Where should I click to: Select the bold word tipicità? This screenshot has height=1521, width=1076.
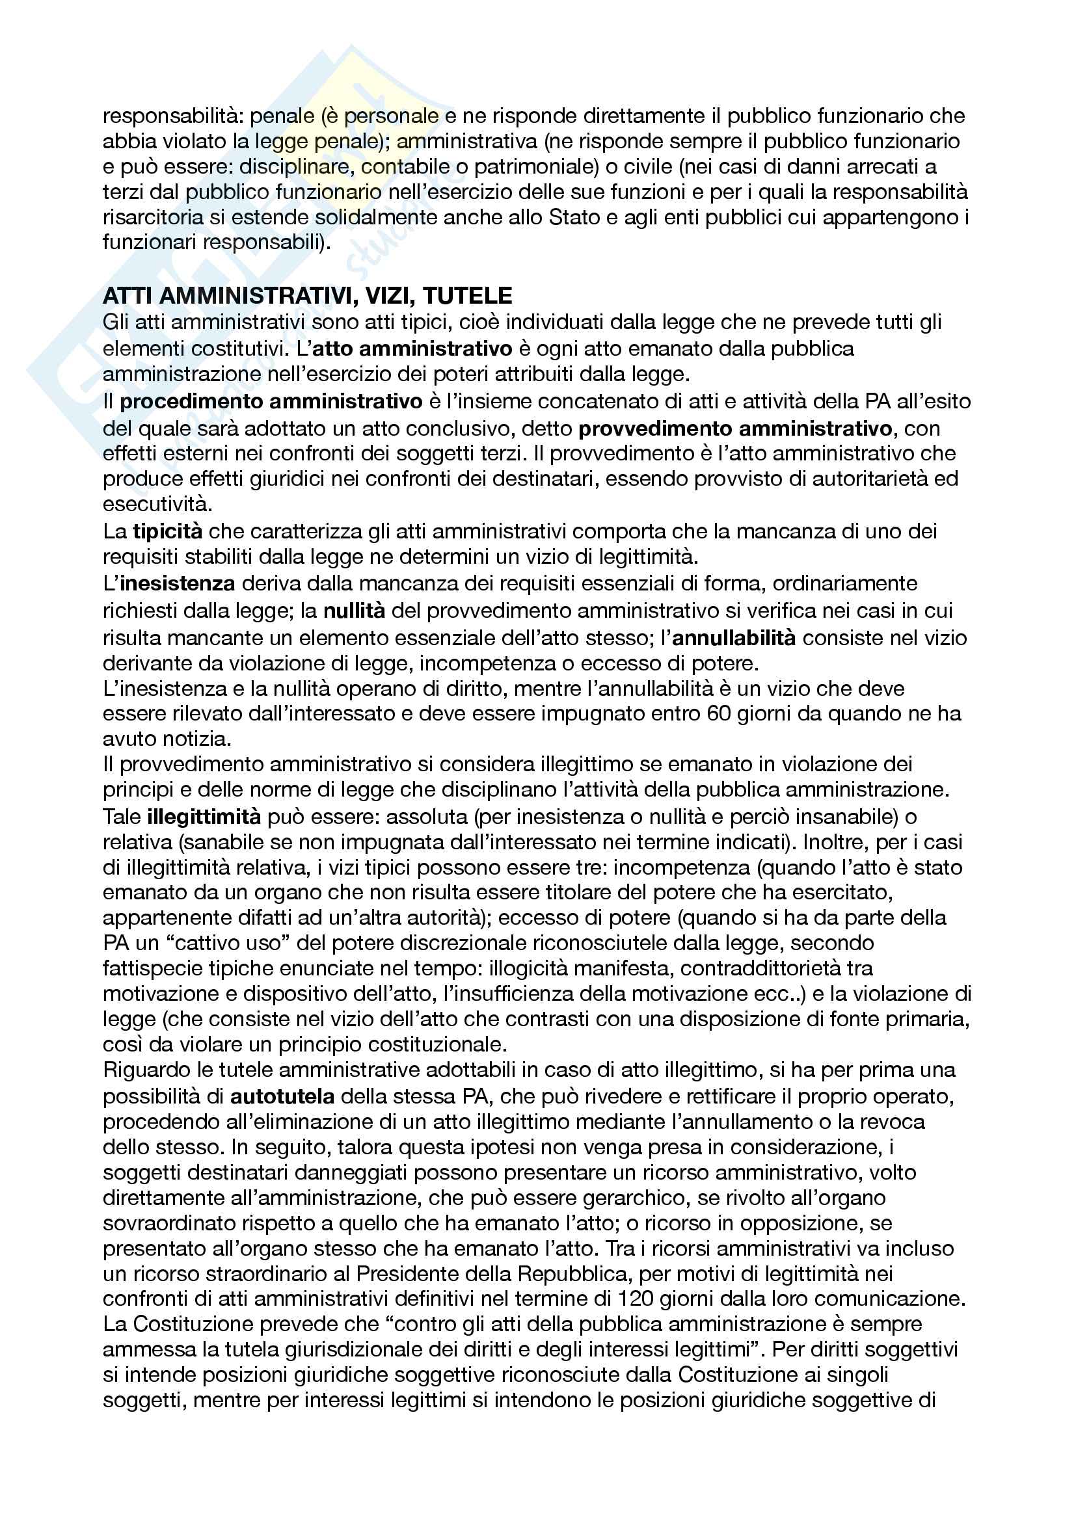pos(167,531)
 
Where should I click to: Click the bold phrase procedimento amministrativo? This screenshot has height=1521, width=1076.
pos(271,401)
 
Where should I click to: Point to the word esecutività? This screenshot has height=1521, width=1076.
pos(157,504)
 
